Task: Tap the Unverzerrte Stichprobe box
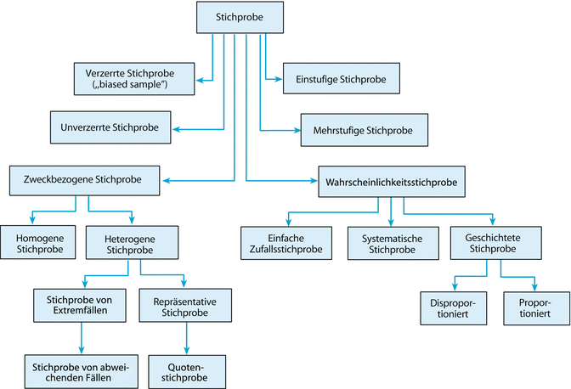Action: tap(110, 128)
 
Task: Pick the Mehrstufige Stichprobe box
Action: tap(364, 131)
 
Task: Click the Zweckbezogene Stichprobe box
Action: tap(86, 180)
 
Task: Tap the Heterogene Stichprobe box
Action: tap(132, 243)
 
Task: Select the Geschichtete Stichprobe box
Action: tap(493, 243)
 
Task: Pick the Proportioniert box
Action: tap(535, 307)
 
